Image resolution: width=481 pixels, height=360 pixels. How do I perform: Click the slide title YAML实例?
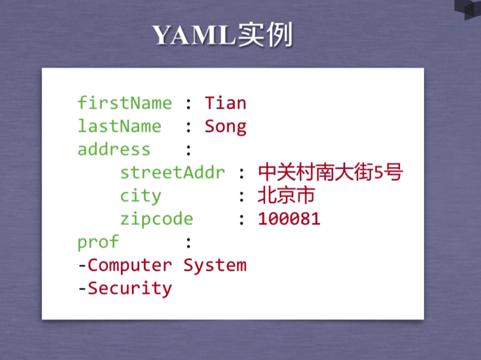tap(222, 35)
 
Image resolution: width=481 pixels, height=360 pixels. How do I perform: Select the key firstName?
tap(124, 103)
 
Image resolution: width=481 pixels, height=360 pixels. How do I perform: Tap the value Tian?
tap(226, 103)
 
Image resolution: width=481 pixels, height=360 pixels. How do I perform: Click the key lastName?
tap(120, 126)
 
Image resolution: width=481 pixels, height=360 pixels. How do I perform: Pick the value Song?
tap(226, 127)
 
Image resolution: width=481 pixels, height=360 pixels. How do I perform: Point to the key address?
tap(114, 149)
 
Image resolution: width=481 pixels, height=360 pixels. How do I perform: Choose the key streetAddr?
tap(172, 172)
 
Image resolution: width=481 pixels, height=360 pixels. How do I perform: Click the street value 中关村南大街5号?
tap(330, 172)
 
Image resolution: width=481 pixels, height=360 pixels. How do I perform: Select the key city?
tap(141, 196)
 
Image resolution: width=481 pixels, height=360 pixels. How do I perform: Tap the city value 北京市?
tap(286, 195)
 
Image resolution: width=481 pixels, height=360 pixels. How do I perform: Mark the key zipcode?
tap(157, 219)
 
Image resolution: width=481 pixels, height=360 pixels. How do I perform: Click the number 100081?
tap(289, 219)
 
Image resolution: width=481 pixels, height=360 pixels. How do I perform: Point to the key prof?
tap(98, 242)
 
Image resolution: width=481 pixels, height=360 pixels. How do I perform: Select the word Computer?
tap(130, 265)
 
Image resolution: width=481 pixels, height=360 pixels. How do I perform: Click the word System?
tap(215, 266)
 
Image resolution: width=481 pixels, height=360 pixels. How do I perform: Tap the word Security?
tap(130, 289)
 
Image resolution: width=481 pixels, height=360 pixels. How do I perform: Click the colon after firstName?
tap(189, 104)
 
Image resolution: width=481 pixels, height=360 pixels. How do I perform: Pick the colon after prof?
tap(189, 243)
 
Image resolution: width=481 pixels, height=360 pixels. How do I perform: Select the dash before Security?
tap(82, 289)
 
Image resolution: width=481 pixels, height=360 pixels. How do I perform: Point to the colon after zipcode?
tap(242, 220)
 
